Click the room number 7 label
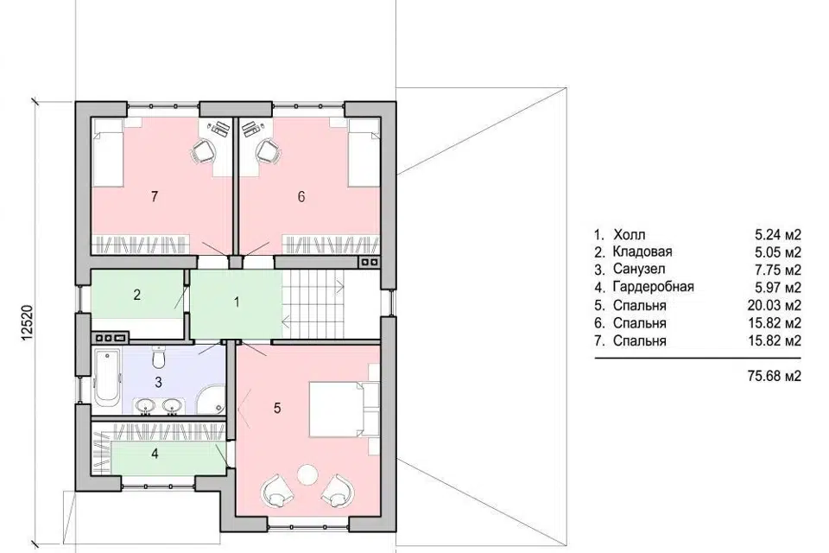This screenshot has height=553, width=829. point(155,197)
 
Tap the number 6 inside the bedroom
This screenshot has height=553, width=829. point(301,197)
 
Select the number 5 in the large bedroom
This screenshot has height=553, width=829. point(277,408)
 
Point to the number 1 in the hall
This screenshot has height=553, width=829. point(237,302)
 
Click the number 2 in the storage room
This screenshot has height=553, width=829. point(137,295)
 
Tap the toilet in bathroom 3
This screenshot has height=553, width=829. point(158,357)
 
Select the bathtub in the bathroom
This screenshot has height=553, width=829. point(107,376)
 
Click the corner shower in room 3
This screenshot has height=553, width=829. point(212,399)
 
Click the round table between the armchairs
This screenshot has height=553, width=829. point(307,474)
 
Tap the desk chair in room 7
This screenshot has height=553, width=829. point(203,152)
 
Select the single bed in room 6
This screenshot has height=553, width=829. point(364,153)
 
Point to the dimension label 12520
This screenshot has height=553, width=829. point(28,322)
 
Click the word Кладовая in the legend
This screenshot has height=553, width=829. point(642,252)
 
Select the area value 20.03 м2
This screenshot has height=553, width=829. point(775,305)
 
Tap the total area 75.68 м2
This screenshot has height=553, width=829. point(775,376)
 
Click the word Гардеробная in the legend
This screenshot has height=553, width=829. point(654,288)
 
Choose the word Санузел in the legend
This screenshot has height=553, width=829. point(639,270)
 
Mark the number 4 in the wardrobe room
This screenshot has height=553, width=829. point(155,454)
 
